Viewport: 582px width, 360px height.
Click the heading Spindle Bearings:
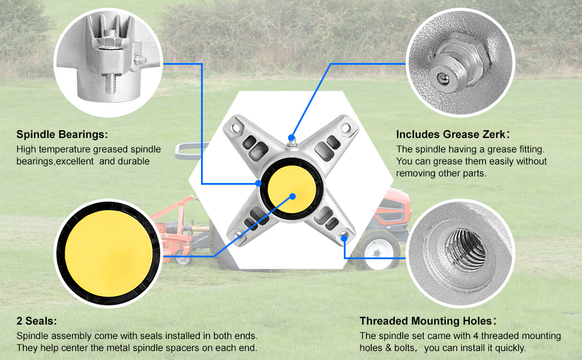(62, 134)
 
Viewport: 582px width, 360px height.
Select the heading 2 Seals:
(37, 321)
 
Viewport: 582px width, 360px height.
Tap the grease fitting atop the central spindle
(291, 140)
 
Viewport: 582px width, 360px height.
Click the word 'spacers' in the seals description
(183, 347)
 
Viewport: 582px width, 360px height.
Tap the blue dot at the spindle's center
(293, 195)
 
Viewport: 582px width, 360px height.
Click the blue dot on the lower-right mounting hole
(345, 238)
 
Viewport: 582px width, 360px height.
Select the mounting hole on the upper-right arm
(346, 127)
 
